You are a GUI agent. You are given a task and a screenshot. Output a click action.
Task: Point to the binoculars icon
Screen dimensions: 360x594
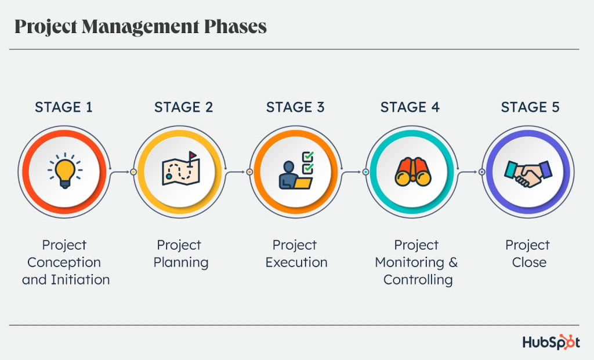(411, 171)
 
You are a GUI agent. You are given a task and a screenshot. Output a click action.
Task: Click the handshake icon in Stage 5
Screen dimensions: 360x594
(528, 172)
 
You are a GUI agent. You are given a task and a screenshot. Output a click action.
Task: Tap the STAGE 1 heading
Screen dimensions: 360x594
(64, 107)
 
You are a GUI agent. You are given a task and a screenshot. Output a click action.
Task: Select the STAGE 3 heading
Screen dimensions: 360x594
(295, 107)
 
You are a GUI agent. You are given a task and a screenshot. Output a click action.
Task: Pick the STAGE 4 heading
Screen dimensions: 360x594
(410, 107)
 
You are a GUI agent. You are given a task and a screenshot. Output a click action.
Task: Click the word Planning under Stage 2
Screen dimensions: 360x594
(180, 263)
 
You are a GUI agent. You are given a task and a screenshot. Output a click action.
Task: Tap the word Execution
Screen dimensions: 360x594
(296, 263)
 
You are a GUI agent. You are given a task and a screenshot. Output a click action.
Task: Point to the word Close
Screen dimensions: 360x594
(529, 263)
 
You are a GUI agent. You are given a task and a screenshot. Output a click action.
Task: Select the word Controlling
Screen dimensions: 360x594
(418, 280)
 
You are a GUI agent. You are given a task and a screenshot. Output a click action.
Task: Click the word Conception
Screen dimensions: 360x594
(64, 263)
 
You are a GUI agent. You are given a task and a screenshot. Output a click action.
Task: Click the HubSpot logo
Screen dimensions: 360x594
(551, 342)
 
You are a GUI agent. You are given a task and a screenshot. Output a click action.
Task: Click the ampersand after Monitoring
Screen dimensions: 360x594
(453, 263)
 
